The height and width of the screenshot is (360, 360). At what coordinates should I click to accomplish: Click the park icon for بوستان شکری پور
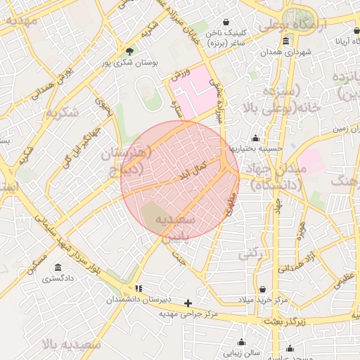coord(129,51)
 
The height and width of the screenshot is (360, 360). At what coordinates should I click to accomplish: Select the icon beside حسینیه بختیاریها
coord(255,138)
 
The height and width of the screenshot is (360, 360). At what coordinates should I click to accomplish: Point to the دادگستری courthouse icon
coord(56,268)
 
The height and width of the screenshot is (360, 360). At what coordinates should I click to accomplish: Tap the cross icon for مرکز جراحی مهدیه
coord(188,304)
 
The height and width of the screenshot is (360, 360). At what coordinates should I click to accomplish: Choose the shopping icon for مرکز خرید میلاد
coord(263,290)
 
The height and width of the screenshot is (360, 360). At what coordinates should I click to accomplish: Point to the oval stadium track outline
coord(149,94)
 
